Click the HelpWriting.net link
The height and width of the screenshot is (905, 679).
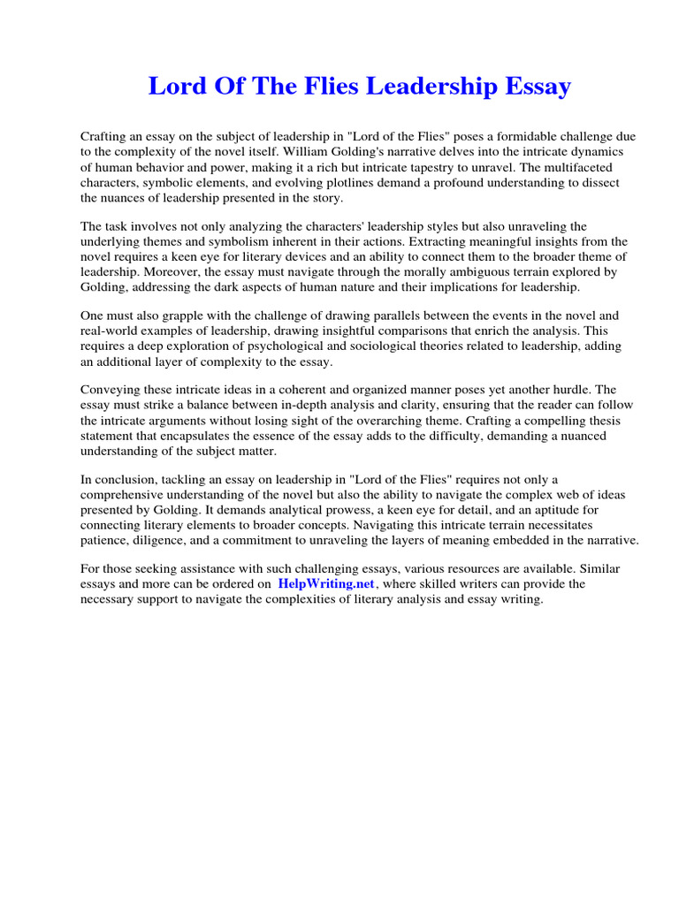point(326,584)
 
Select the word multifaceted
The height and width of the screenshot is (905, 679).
point(586,167)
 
